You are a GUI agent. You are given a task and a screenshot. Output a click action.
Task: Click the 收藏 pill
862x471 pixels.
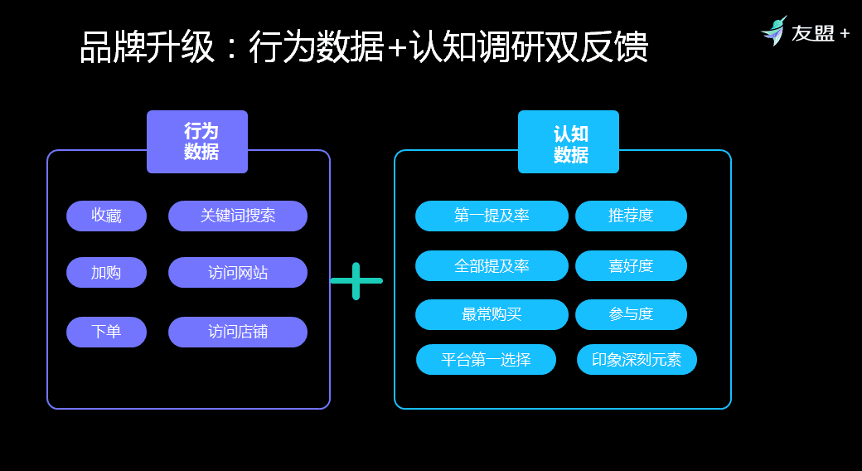click(x=106, y=216)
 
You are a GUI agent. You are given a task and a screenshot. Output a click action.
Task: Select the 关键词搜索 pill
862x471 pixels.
click(x=238, y=216)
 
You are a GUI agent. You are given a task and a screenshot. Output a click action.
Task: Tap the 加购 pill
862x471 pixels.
click(x=106, y=272)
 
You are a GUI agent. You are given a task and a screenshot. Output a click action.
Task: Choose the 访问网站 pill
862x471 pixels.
click(x=238, y=272)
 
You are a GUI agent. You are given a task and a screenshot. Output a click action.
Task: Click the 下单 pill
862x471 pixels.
click(x=106, y=332)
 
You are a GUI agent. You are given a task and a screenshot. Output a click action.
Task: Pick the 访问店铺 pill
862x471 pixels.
click(x=238, y=332)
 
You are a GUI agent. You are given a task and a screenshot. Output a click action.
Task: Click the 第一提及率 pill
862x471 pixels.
click(x=492, y=216)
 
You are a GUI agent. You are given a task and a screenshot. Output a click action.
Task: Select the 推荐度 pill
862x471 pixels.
click(x=631, y=216)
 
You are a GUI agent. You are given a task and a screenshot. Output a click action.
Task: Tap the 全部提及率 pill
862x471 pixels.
click(x=492, y=265)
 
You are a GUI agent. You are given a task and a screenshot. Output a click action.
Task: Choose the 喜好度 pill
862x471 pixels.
click(x=631, y=265)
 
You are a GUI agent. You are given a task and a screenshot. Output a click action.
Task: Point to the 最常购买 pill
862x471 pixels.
click(x=492, y=314)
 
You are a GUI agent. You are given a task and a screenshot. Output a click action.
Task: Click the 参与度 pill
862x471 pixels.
click(x=631, y=314)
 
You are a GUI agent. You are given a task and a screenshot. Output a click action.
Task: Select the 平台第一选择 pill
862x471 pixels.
click(x=486, y=359)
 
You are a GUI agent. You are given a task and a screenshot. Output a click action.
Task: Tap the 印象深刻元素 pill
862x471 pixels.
click(x=637, y=359)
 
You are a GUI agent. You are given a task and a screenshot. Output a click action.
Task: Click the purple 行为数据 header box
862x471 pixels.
click(x=197, y=142)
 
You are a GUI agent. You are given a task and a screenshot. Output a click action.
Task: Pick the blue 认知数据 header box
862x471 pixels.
click(x=569, y=142)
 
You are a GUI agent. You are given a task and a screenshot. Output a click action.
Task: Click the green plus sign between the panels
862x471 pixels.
click(x=356, y=281)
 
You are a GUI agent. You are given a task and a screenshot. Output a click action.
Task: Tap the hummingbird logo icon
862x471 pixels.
click(x=774, y=32)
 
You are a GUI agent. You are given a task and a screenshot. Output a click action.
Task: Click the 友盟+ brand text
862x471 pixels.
click(x=820, y=34)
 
